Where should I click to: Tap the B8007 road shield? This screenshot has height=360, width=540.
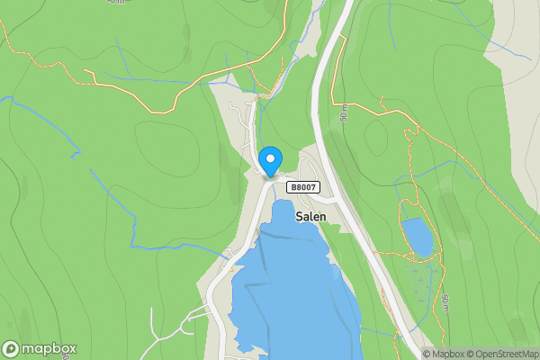(x=303, y=187)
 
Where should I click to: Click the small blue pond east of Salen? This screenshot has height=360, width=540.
(x=418, y=236)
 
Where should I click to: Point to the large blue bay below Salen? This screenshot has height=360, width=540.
(x=288, y=288)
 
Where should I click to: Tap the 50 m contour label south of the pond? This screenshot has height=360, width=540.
(x=445, y=302)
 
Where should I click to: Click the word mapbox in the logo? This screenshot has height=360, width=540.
(x=49, y=349)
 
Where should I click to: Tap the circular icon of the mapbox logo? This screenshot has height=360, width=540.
(x=11, y=349)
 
